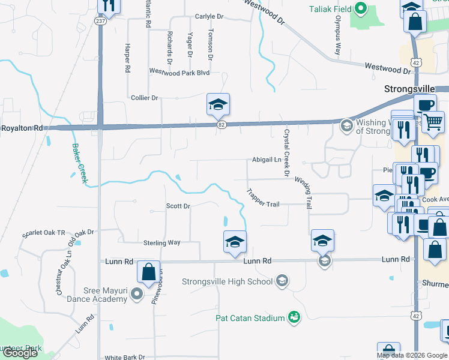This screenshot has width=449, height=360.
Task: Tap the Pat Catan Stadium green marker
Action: click(x=294, y=317)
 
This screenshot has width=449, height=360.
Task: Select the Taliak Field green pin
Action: click(x=360, y=8)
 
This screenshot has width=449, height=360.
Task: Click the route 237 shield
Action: click(x=100, y=20)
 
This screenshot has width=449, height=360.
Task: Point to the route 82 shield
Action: click(x=221, y=124)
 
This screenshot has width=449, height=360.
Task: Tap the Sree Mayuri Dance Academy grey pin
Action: click(x=136, y=295)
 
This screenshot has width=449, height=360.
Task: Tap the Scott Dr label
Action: click(x=178, y=206)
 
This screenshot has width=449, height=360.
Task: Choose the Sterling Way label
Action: click(x=161, y=242)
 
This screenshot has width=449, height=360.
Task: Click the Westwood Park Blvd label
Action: click(x=179, y=72)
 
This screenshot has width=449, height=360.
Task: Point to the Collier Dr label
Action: click(x=144, y=97)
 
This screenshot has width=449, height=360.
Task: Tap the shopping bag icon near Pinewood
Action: click(x=148, y=272)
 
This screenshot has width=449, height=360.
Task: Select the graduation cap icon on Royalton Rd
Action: click(x=218, y=104)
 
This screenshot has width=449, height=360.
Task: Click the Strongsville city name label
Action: click(x=409, y=89)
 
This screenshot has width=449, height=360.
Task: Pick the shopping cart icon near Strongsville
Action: click(x=433, y=122)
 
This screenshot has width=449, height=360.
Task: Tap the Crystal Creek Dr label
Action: click(x=287, y=153)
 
